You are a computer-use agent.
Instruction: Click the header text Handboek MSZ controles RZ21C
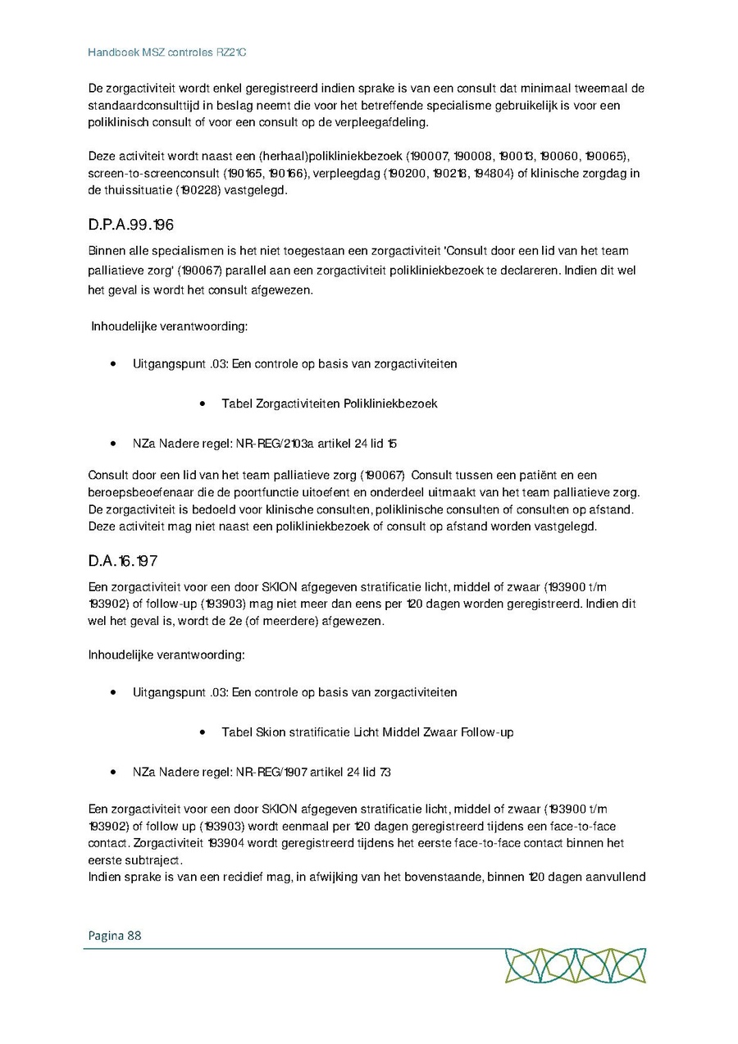tap(167, 52)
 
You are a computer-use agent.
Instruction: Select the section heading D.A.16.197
tap(122, 562)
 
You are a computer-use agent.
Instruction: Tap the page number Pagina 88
tap(114, 935)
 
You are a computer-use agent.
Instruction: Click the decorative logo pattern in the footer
tap(575, 965)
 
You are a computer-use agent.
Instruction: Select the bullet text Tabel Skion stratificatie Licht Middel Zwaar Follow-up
tap(367, 732)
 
